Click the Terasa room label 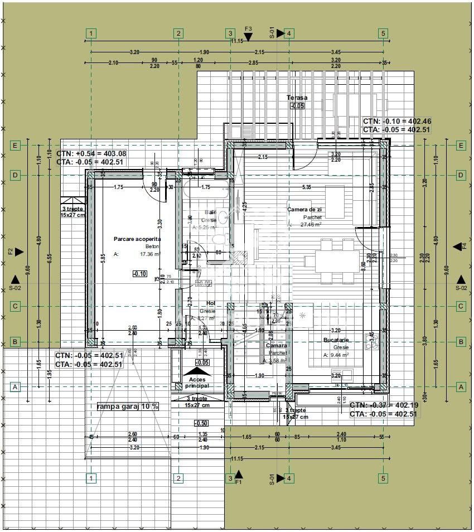coord(297,98)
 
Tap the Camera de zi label coord(304,210)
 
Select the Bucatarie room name coord(336,340)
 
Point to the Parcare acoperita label coord(137,239)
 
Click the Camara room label coord(277,346)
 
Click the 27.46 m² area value coord(311,225)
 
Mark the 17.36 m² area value coord(151,254)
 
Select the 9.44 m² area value coord(339,355)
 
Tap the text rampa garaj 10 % coord(128,406)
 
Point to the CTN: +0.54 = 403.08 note coord(91,153)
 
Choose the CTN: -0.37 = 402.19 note coord(385,405)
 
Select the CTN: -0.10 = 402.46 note coord(397,121)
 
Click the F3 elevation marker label coord(248,28)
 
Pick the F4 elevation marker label coord(464,246)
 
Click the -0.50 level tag coord(202,423)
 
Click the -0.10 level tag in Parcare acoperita coord(140,273)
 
